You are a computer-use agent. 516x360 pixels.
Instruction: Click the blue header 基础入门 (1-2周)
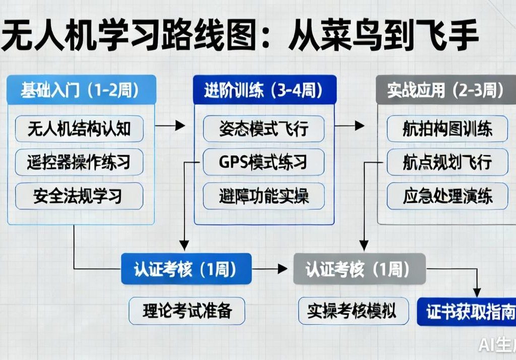coord(81,90)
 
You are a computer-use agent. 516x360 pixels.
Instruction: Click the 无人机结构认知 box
coord(79,129)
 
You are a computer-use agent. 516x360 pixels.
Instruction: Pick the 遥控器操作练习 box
coord(79,162)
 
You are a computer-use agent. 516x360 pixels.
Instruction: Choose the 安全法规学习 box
coord(79,196)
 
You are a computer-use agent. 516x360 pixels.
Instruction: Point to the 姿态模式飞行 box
coord(264,129)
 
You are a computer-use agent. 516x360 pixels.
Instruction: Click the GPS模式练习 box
coord(264,162)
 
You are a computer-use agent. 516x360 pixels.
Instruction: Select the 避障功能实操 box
coord(264,196)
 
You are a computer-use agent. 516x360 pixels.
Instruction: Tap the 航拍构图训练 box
coord(447,129)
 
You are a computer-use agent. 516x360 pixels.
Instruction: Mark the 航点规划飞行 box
coord(447,162)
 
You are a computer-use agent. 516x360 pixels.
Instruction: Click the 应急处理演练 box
coord(447,196)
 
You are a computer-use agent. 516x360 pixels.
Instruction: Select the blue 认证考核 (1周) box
coord(186,269)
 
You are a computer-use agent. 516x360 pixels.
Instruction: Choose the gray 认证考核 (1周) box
coord(359,269)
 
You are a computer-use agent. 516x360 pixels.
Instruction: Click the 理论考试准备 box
coord(187,311)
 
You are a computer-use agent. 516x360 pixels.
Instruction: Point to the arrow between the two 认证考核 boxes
coord(272,269)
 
